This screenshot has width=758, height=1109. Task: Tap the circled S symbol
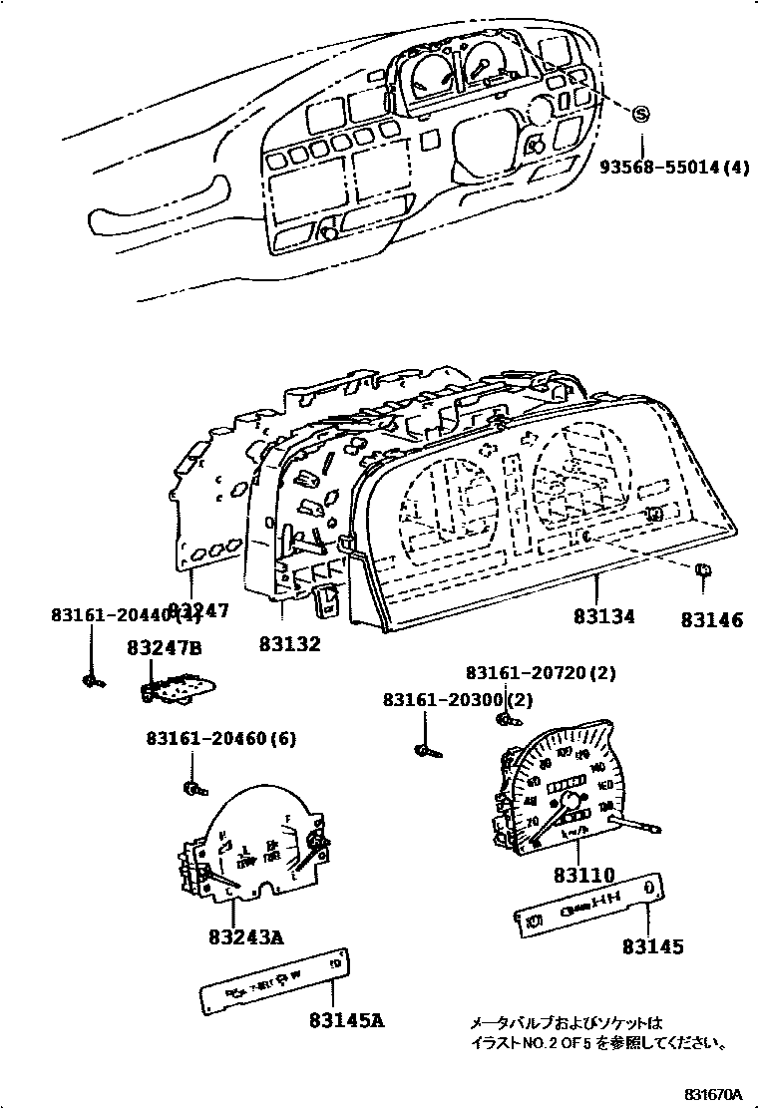coord(641,114)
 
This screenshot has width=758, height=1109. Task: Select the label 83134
coord(603,618)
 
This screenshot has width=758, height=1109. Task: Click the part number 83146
coord(712,619)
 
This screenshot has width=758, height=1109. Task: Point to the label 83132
coord(290,644)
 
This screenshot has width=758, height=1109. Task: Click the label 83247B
coord(165,649)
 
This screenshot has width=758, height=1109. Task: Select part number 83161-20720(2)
coord(541,674)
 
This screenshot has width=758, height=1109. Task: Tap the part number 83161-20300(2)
coord(459,701)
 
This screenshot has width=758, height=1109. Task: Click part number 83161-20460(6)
coord(220,739)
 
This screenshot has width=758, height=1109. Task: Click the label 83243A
coord(246,937)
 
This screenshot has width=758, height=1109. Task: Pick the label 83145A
coord(346,1020)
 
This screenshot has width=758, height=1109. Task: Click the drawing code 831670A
coord(713,1095)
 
